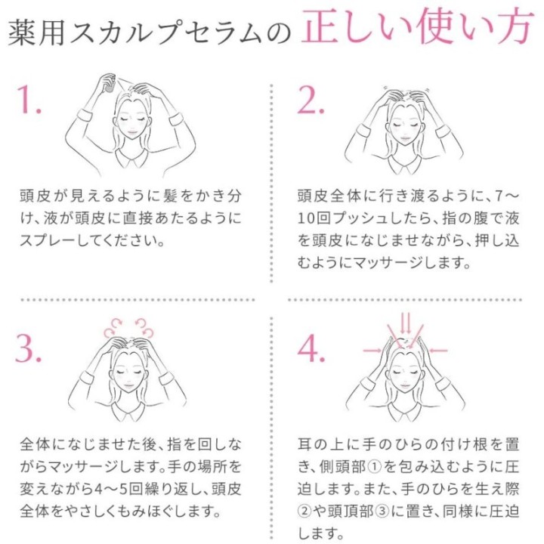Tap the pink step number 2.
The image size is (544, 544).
tap(311, 100)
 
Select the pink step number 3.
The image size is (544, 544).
tap(28, 348)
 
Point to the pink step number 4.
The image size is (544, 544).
tap(311, 348)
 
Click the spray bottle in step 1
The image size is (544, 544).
tap(110, 83)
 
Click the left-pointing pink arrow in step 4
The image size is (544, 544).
tap(437, 351)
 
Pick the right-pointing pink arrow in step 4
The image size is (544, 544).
tap(372, 351)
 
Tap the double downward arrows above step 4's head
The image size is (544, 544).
tap(406, 323)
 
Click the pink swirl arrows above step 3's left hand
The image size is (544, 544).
tap(113, 328)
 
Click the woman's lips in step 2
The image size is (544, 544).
tap(406, 138)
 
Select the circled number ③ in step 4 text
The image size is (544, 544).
tap(382, 512)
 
